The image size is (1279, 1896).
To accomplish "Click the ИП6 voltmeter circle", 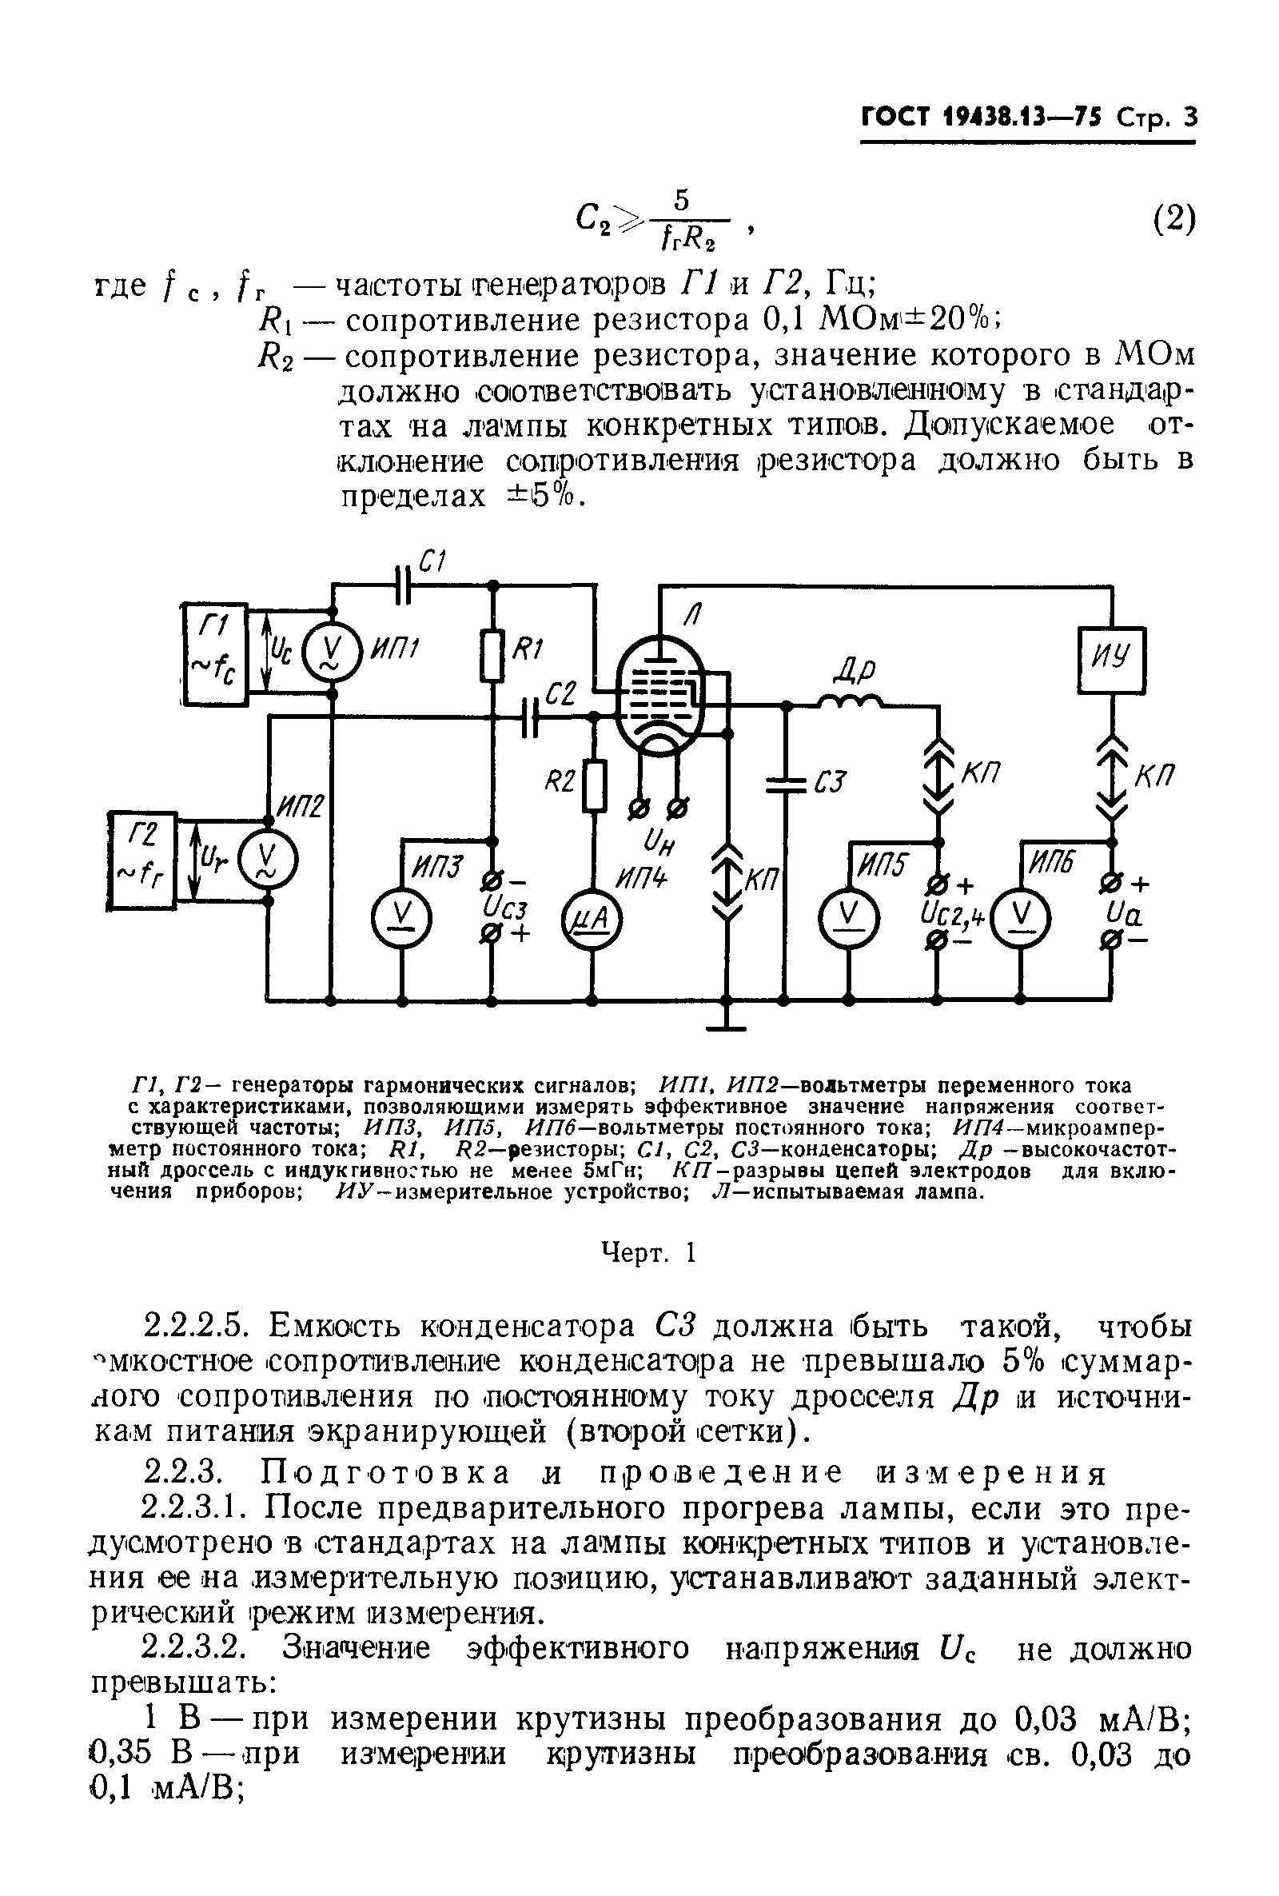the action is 1021,917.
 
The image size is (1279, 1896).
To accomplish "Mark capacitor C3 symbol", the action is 786,783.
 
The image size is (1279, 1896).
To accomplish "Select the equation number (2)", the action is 1173,218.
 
